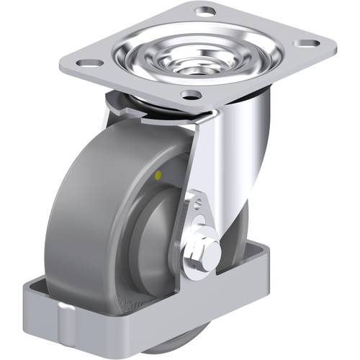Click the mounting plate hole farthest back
[x=206, y=12]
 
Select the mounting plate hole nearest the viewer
[x=190, y=95]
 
